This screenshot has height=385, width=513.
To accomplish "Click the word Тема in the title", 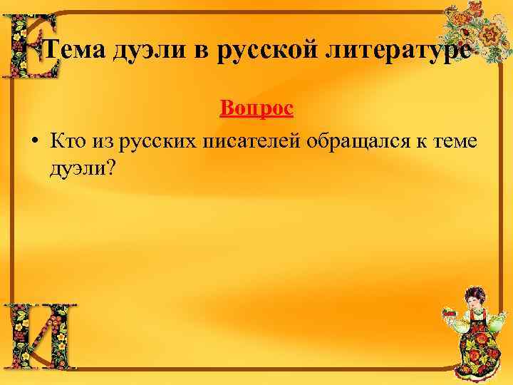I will (x=73, y=51).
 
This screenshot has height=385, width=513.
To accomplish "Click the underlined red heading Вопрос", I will (x=256, y=109).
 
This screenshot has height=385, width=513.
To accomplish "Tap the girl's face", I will (x=474, y=299).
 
